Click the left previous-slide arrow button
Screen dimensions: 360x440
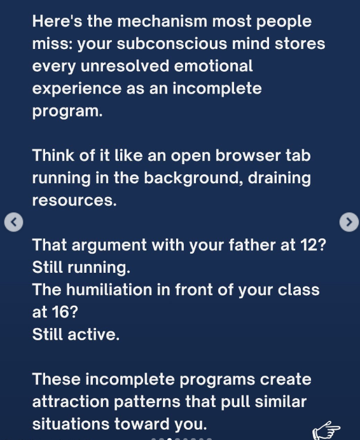(13, 222)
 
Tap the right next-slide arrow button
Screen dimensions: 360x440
(349, 222)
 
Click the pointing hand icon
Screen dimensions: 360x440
(326, 430)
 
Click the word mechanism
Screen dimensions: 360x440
(162, 22)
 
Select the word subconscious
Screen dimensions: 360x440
(172, 44)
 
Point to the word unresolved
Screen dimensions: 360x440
(125, 66)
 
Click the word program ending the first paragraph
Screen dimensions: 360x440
(67, 112)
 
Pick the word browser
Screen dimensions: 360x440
(248, 155)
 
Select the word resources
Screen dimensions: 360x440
(74, 201)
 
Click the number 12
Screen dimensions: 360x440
(313, 245)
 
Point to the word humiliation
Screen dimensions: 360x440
(109, 289)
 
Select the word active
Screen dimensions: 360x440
(93, 334)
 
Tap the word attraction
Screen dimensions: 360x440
(71, 402)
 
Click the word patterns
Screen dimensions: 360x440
(147, 402)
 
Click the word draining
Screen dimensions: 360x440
(279, 178)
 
